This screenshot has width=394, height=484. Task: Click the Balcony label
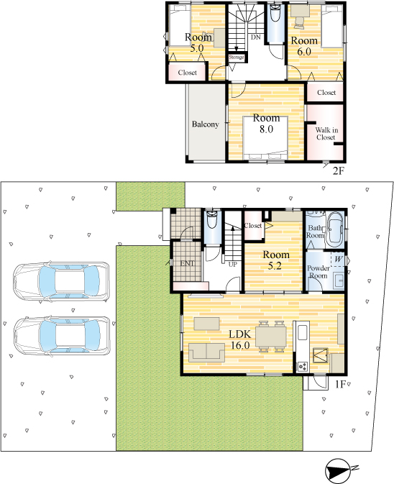(205, 124)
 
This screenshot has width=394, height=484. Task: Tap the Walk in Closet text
(326, 134)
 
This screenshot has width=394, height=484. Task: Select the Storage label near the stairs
(237, 57)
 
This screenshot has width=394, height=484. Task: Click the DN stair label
(255, 37)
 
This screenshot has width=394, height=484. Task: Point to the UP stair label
(233, 265)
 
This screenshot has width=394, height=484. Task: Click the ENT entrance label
(187, 263)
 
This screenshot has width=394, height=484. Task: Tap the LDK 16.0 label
(240, 339)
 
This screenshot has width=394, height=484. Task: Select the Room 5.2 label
(276, 260)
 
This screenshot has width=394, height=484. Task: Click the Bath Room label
(315, 232)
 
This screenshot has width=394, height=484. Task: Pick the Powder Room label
(318, 272)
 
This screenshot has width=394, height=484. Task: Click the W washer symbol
(338, 259)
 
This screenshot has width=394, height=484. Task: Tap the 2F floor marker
(338, 170)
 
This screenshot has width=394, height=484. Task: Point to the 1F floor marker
(339, 384)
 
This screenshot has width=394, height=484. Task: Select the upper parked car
(61, 282)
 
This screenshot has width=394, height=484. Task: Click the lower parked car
(62, 336)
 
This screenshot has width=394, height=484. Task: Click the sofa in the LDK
(206, 352)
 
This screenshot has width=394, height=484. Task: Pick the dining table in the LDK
(271, 337)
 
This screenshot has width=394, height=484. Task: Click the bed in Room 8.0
(265, 137)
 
